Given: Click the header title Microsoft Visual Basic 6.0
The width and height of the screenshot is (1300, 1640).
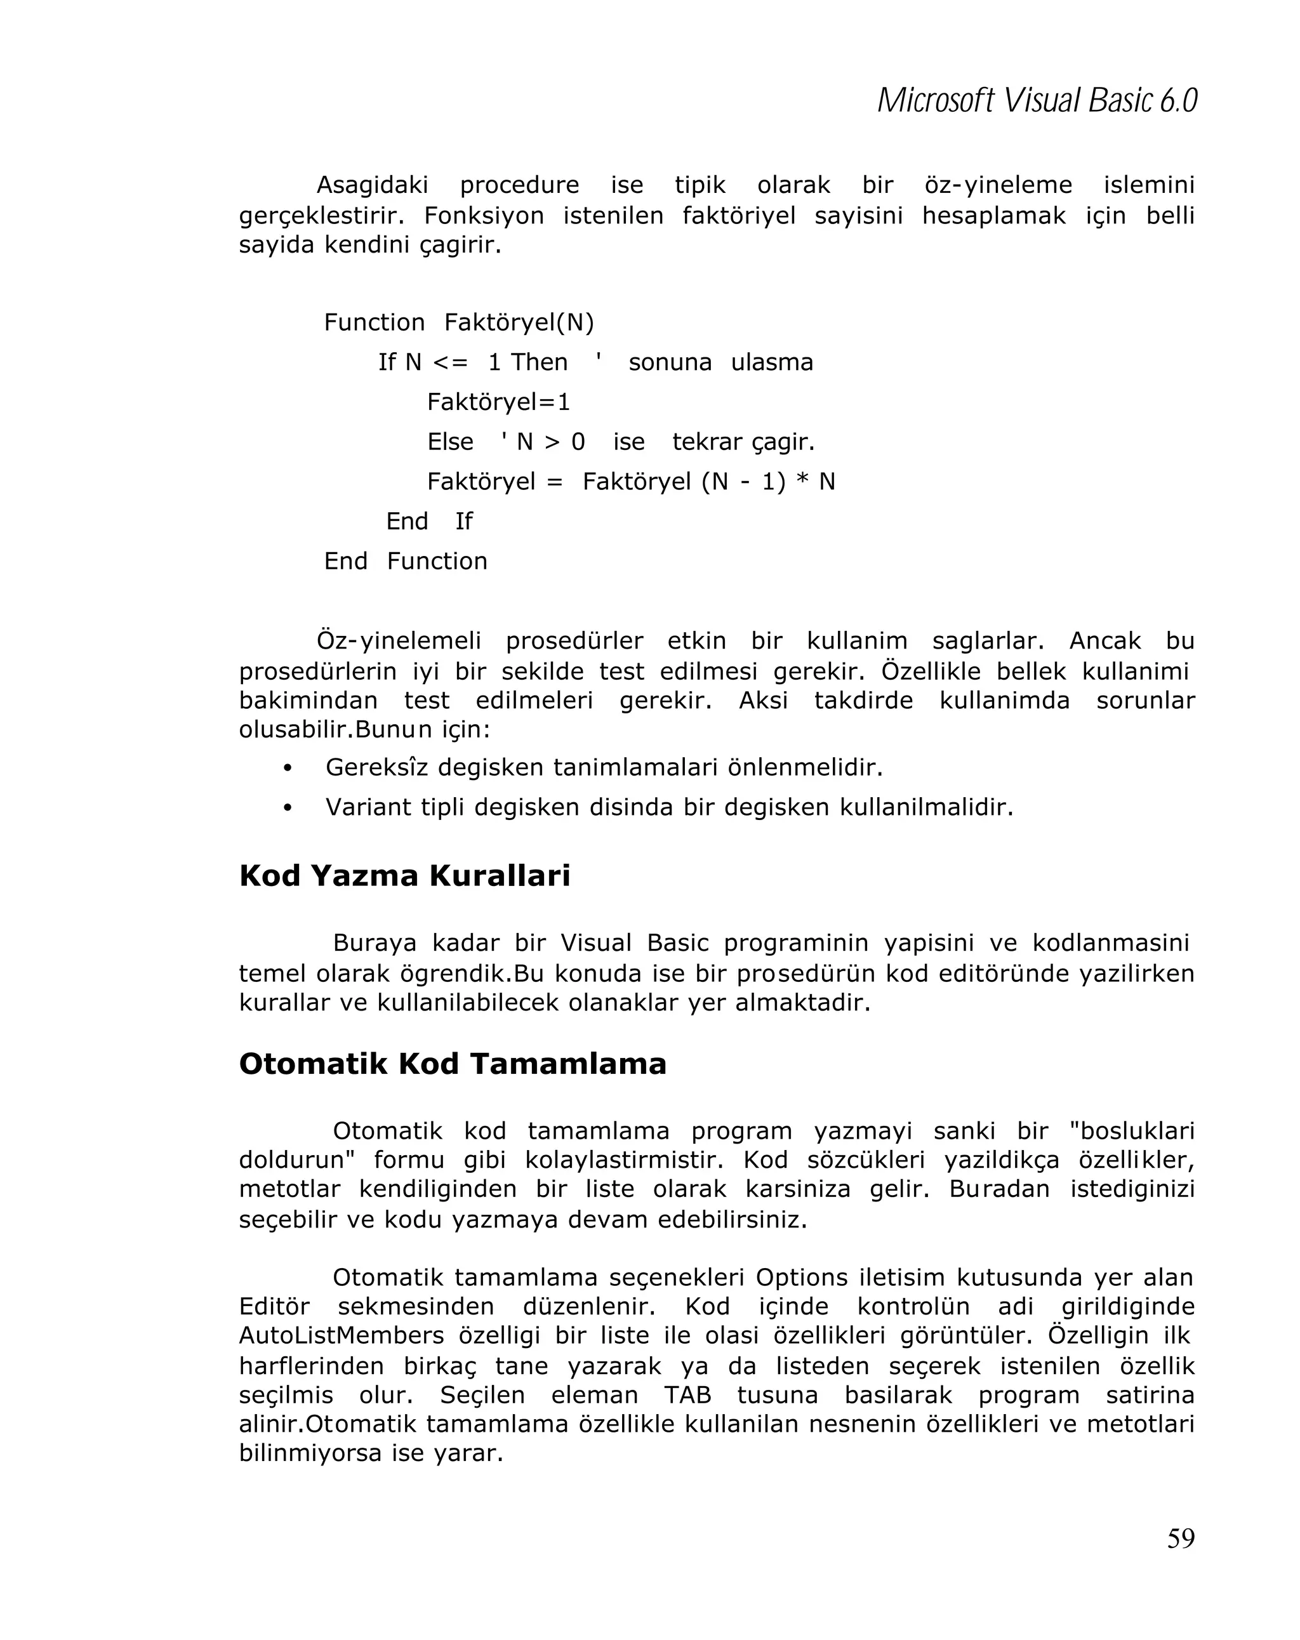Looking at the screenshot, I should point(1036,101).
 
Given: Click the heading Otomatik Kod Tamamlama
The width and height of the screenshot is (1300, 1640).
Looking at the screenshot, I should point(452,1064).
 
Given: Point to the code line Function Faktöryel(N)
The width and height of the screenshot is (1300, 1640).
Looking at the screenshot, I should point(459,322).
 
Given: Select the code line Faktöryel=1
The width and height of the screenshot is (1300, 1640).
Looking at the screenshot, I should point(498,402).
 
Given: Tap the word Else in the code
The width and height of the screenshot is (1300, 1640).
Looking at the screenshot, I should point(449,441).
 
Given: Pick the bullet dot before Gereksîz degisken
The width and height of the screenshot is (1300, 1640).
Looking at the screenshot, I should point(288,769).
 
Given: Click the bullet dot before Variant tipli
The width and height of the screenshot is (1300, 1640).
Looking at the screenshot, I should point(288,808).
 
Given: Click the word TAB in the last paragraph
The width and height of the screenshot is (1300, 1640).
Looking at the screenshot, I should point(687,1395).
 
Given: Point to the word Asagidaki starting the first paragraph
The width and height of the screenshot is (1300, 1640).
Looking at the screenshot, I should point(372,185).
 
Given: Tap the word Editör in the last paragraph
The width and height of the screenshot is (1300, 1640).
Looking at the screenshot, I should point(274,1306).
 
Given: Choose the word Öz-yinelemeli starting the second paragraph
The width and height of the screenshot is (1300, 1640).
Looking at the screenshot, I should point(399,640).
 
